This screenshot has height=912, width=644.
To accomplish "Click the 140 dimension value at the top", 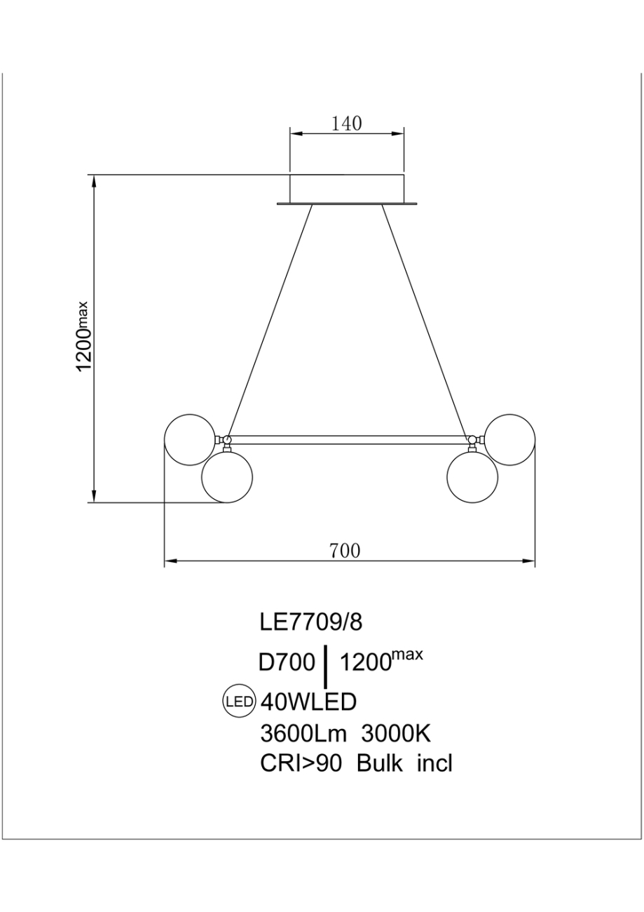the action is [x=347, y=123].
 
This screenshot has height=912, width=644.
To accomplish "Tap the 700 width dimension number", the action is [x=345, y=551].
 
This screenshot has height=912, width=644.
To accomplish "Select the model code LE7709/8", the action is [x=310, y=622].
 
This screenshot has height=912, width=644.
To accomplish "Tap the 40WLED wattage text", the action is [x=308, y=702].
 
